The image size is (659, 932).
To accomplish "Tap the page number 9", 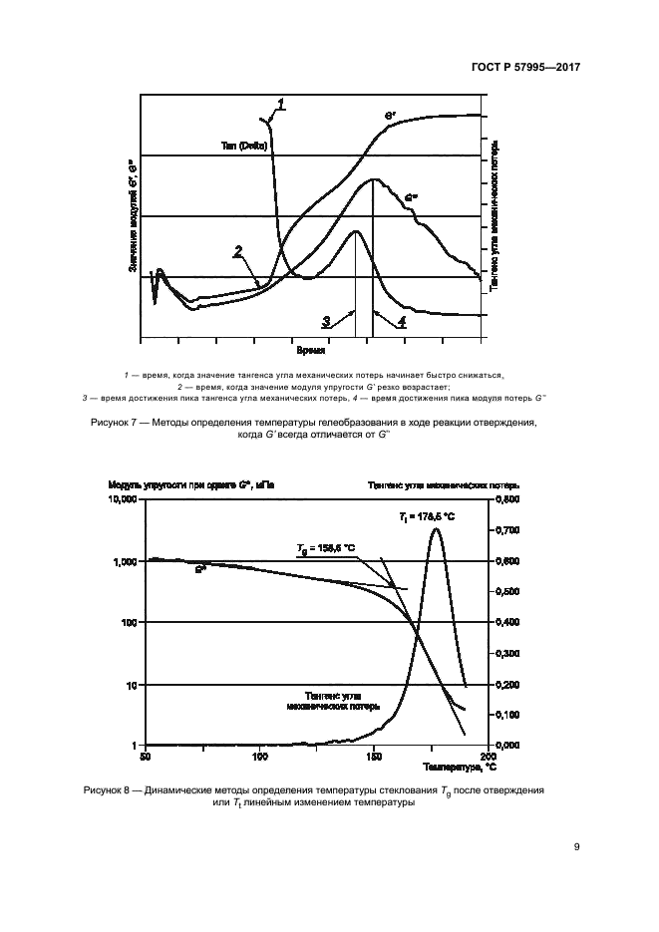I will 577,847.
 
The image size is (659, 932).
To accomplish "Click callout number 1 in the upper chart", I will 282,103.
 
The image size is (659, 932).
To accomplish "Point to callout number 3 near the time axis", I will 325,321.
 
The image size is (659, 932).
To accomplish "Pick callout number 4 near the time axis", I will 401,321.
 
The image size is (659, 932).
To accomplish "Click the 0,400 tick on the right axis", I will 508,622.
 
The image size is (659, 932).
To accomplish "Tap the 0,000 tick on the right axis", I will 508,746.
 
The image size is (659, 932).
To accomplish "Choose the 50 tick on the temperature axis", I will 146,758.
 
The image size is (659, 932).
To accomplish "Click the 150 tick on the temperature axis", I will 374,758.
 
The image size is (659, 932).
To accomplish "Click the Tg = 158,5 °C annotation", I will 326,548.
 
